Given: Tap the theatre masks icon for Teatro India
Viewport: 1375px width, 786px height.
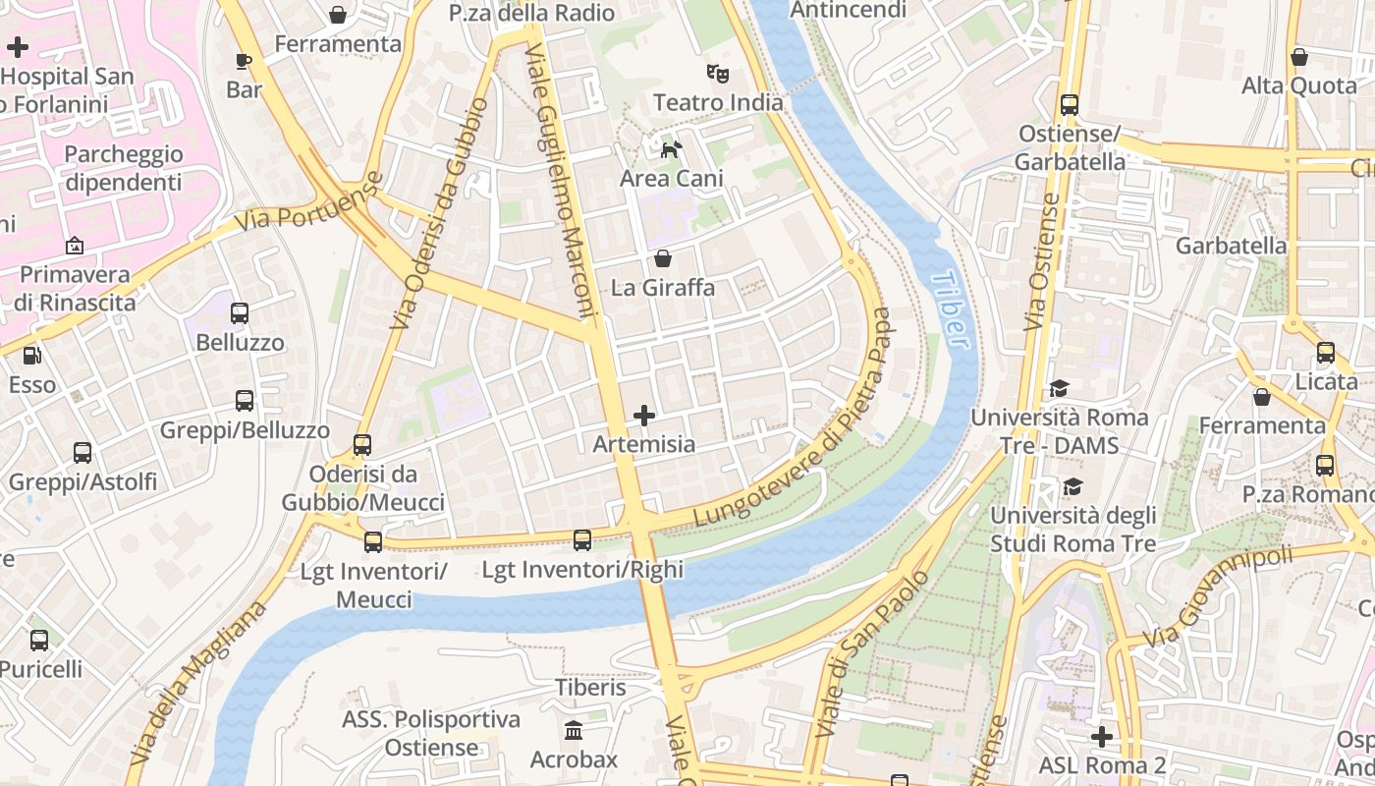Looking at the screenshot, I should coord(718,74).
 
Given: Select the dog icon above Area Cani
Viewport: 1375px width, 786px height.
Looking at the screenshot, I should coord(671,149).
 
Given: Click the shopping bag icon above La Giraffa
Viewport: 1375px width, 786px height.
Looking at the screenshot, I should coord(663,258).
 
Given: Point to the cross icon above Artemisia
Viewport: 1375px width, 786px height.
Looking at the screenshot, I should coord(644,416).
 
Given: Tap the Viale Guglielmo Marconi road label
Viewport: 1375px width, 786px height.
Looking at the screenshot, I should coord(565,182).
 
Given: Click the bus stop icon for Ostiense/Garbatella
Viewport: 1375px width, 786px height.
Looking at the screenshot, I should coord(1069,105).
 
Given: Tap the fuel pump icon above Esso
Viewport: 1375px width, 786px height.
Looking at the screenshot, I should coord(32,355).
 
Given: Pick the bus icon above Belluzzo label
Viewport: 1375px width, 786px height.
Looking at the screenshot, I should coord(240,313).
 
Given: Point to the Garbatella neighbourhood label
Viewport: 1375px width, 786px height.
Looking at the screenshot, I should coord(1231,246).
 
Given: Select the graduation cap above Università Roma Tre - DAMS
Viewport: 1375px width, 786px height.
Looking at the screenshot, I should coord(1058,388).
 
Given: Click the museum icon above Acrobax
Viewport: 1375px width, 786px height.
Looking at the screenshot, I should coord(574,731).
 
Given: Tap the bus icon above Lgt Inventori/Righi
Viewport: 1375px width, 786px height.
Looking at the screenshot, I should coord(582,539).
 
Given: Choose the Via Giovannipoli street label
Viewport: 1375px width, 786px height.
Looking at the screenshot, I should coord(1218,595).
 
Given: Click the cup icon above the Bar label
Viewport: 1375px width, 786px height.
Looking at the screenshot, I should coord(244,61).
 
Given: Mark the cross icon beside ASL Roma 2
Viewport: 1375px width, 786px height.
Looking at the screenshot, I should coord(1102,736).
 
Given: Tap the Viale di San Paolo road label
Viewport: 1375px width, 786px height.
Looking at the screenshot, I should coord(872,653).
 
